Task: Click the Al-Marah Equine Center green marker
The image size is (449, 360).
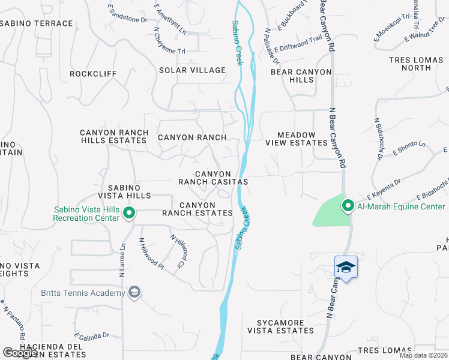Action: point(348,206)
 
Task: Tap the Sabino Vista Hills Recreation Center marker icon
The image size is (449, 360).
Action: point(128,212)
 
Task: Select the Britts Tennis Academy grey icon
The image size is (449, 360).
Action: point(134,292)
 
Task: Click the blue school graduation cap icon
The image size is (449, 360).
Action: point(346,266)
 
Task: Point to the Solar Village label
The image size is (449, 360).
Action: point(192,70)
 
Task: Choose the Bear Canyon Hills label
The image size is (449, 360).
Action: point(301,76)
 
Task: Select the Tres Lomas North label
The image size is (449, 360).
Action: point(418,64)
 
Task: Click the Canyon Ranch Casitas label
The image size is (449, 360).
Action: point(212,178)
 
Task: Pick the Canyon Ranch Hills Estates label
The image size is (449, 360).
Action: point(113,136)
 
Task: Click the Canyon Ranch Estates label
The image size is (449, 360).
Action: point(197,209)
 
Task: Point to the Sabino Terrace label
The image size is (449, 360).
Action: point(37,23)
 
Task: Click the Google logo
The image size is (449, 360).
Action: point(20,353)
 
